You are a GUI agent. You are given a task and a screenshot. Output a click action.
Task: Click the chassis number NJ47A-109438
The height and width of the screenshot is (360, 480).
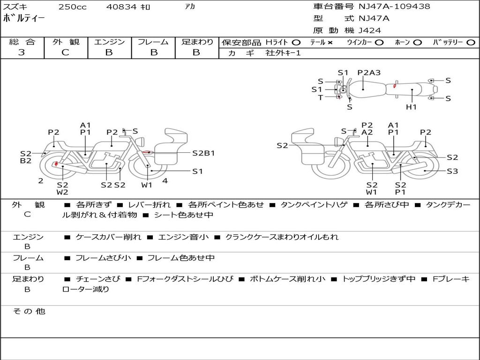(x=394, y=7)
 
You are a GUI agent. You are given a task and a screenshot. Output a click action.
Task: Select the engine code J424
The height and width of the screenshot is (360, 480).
(x=370, y=30)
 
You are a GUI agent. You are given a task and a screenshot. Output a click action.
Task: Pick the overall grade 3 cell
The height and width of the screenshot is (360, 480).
(x=22, y=52)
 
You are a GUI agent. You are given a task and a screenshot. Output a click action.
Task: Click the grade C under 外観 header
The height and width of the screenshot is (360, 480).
(x=65, y=52)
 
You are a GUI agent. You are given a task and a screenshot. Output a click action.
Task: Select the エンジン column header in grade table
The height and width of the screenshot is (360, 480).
(x=109, y=42)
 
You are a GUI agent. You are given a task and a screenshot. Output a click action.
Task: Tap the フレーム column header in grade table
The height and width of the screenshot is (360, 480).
(x=153, y=42)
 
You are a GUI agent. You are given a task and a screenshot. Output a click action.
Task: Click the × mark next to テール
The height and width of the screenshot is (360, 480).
(x=330, y=42)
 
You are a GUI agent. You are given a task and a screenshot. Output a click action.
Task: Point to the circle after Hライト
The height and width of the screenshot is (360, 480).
(x=296, y=42)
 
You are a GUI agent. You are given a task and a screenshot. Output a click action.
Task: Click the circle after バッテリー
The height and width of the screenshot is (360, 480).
(x=470, y=42)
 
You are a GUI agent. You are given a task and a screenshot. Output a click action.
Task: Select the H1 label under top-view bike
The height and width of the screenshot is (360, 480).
(x=411, y=107)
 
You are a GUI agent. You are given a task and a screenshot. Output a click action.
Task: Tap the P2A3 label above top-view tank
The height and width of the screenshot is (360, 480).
(x=369, y=73)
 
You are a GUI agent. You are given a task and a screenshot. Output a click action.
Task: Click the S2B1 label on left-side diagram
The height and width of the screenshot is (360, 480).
(x=203, y=153)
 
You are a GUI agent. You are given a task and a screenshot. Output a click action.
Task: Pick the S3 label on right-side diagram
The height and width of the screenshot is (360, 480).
(x=452, y=171)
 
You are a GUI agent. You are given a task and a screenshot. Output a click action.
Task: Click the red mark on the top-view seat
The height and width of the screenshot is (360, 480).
(x=395, y=85)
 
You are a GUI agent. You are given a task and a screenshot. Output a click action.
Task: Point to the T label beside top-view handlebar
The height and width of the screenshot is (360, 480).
(x=320, y=97)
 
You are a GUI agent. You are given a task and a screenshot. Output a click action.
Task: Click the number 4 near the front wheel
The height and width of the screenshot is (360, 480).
(x=165, y=180)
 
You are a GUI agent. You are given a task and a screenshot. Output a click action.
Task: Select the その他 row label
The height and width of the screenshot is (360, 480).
(x=29, y=311)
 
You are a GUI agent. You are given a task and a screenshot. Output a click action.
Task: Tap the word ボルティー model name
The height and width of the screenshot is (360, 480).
(x=24, y=19)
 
